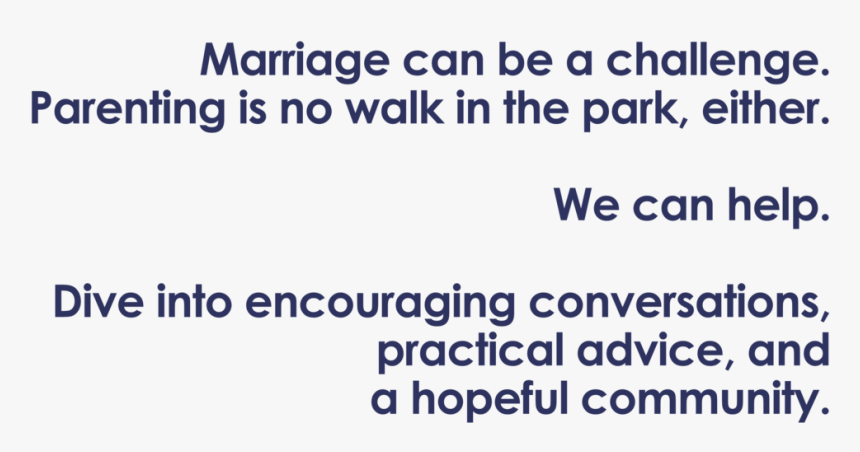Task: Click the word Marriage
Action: point(295,61)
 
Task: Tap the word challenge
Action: point(717,61)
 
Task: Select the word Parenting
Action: point(128,110)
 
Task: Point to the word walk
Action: point(394,108)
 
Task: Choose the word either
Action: point(766,108)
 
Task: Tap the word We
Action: point(586,205)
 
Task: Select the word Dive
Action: point(99,302)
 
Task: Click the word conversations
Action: point(679,302)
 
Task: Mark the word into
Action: point(194,302)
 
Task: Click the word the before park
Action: point(536,108)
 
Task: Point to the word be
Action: point(525,60)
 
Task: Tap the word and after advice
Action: point(789,349)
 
